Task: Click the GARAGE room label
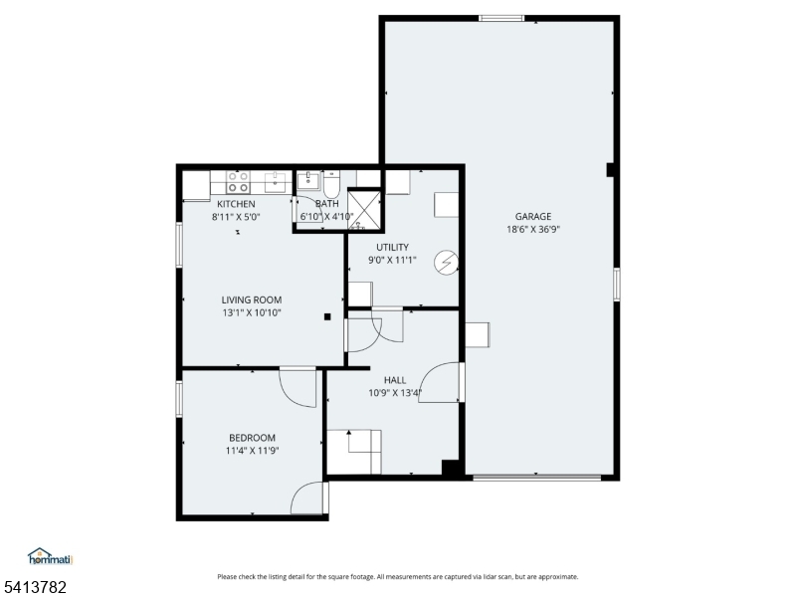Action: tap(532, 216)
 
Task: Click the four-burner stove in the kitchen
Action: tap(238, 182)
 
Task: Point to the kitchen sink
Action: tap(275, 182)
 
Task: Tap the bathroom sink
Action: tap(309, 181)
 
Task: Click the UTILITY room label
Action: tap(392, 247)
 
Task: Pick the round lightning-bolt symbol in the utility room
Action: tap(449, 261)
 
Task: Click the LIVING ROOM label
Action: tap(251, 299)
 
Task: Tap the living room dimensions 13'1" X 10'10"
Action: tap(251, 312)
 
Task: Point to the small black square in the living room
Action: tap(326, 317)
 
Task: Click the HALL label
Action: tap(395, 379)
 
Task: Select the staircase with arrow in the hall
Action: tap(353, 450)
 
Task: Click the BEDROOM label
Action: tap(252, 437)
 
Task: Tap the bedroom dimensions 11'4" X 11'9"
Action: tap(252, 450)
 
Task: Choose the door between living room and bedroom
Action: tap(299, 386)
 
